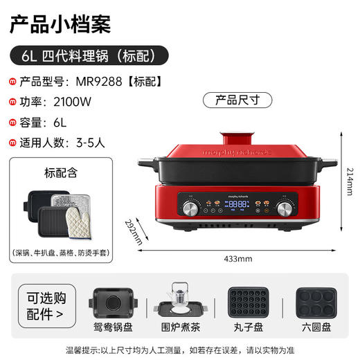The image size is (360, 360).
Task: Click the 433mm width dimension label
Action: point(240,258)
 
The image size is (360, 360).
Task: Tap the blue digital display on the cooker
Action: point(237,205)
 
